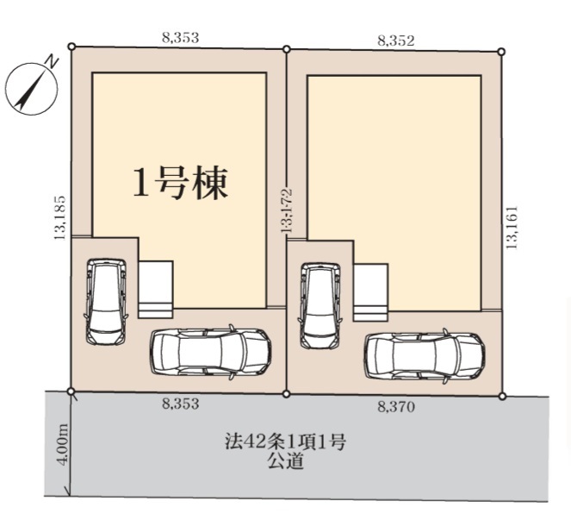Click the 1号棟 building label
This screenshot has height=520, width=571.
(181, 183)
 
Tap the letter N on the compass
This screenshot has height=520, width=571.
(52, 61)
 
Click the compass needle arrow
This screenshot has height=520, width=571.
(31, 89)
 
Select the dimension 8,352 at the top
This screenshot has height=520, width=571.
(396, 41)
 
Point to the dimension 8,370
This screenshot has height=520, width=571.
(396, 406)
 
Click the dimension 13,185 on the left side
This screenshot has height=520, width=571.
(59, 217)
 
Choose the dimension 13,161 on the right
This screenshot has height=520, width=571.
(512, 228)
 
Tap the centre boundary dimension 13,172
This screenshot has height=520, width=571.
(287, 210)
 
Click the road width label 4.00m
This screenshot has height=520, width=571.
(63, 444)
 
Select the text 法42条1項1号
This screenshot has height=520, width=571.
(285, 442)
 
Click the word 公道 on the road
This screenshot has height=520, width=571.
(285, 461)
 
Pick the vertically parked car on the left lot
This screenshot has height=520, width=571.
(106, 302)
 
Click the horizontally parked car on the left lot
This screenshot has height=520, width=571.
(211, 352)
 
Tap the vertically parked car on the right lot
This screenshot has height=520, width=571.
(320, 305)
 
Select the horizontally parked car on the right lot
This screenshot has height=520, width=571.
(425, 356)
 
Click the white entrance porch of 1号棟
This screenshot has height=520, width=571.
(156, 290)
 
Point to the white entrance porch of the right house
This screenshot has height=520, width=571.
(370, 292)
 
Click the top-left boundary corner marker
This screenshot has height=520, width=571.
(72, 47)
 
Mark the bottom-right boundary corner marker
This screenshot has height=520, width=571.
(502, 396)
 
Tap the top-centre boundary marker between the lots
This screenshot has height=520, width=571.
(287, 49)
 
